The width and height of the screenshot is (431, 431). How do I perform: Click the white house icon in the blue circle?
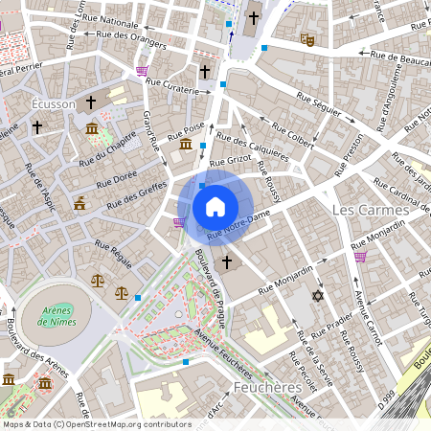(x=215, y=206)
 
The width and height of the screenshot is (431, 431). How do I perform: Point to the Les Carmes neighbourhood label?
(x=368, y=209)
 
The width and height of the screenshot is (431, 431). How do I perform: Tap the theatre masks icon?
(x=307, y=39)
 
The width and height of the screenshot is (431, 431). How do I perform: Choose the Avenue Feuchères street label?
(x=228, y=351)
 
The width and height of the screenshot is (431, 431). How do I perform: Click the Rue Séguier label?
(x=318, y=104)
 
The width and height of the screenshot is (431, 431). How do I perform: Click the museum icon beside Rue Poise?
(x=185, y=145)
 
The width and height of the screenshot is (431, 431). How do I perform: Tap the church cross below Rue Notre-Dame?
(x=227, y=261)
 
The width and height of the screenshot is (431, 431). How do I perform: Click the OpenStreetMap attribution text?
(x=96, y=423)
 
